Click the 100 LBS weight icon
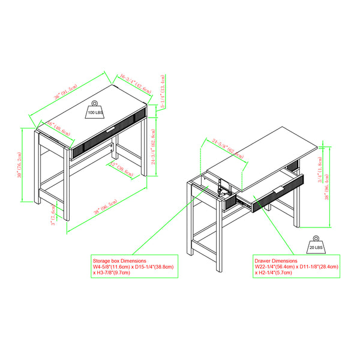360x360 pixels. tap(95, 109)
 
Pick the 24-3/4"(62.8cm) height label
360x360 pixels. tap(154, 147)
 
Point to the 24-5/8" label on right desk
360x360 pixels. tap(229, 151)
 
